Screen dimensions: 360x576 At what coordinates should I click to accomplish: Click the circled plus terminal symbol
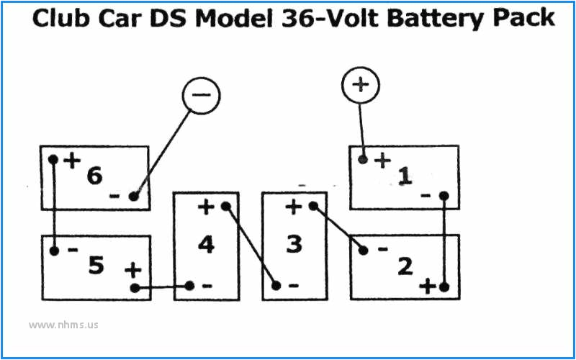click(359, 86)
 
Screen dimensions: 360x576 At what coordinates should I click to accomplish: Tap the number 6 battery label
click(94, 175)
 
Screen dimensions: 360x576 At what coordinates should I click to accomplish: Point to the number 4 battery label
click(206, 245)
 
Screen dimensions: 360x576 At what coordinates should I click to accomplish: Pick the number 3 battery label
click(294, 245)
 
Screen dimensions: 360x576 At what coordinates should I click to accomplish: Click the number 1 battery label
click(405, 175)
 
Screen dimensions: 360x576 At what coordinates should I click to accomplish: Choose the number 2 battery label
click(405, 266)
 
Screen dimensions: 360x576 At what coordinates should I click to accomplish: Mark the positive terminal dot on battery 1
click(364, 159)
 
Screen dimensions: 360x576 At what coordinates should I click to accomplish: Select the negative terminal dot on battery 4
click(189, 286)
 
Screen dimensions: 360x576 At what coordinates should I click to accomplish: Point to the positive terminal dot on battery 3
click(313, 207)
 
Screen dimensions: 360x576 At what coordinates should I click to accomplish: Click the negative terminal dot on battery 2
click(364, 251)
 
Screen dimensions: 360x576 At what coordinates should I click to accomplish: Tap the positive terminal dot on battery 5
click(135, 288)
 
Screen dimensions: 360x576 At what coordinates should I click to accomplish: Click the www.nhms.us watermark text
click(63, 325)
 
